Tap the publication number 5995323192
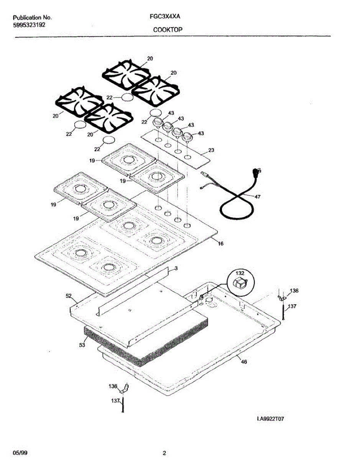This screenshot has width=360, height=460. (x=29, y=25)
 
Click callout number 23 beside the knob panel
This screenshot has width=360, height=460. (x=211, y=150)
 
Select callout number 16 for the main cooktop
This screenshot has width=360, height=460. (x=220, y=243)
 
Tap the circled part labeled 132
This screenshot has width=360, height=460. (x=240, y=283)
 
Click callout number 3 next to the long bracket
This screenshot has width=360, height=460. (x=176, y=269)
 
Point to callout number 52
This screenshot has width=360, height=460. (x=68, y=296)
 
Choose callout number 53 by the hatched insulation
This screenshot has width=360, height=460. (x=81, y=345)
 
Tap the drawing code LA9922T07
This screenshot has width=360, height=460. (x=271, y=419)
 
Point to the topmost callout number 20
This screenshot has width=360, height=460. (x=150, y=59)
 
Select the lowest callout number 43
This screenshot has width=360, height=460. (x=201, y=133)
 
